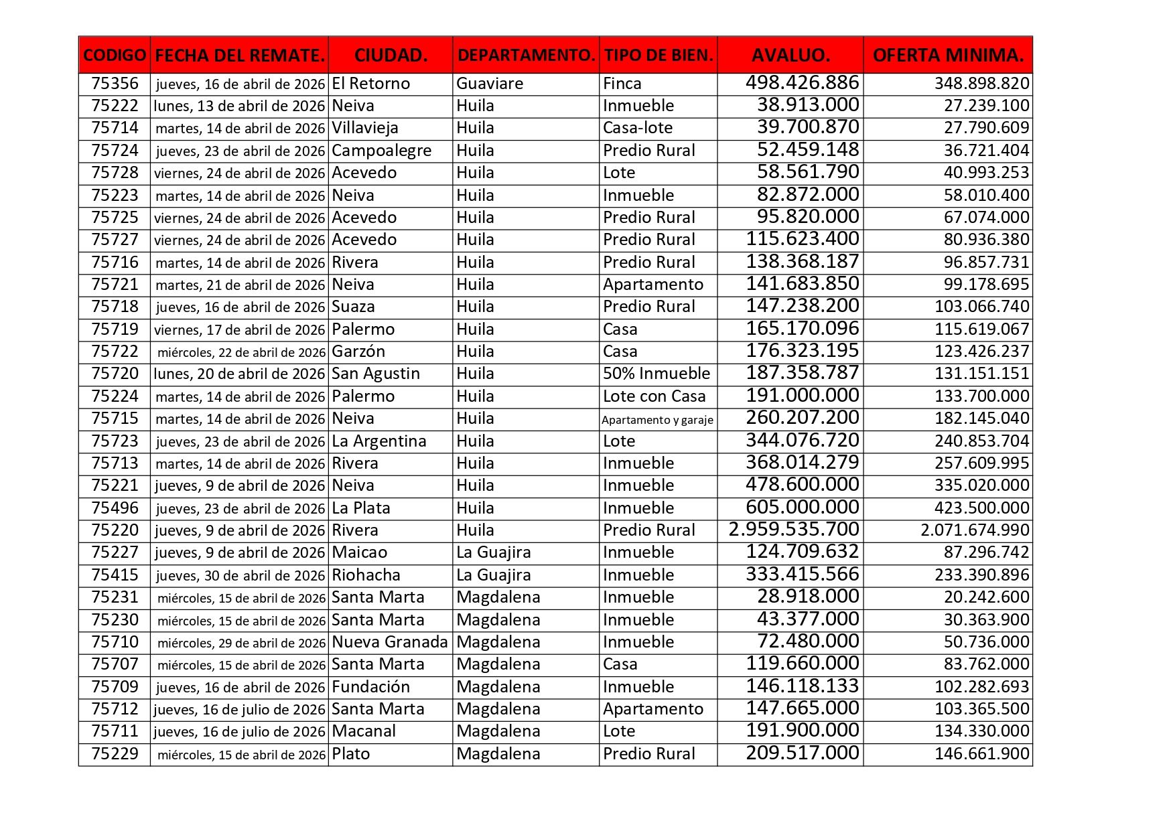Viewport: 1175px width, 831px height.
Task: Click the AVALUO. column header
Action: [x=790, y=55]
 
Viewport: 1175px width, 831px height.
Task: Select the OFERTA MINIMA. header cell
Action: [x=948, y=55]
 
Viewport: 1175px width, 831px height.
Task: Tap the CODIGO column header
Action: [x=115, y=55]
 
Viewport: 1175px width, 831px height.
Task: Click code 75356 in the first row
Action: [x=115, y=84]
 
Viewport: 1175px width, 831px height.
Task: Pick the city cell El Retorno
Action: [x=371, y=84]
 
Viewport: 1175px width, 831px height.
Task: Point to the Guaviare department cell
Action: [x=490, y=84]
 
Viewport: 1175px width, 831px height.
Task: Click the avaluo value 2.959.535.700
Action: [x=794, y=530]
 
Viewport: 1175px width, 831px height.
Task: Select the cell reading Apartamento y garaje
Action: [x=657, y=420]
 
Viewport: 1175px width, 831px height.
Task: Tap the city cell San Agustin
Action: [x=376, y=374]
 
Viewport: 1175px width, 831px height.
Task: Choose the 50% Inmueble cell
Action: [x=656, y=374]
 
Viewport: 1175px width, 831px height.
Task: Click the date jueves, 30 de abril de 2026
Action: [x=240, y=575]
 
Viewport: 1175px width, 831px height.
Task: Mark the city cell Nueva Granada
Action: [x=390, y=642]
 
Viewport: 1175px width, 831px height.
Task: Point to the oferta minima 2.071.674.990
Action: [x=975, y=530]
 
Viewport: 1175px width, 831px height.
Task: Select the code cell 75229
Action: [x=115, y=754]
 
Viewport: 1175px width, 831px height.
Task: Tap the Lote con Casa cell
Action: [x=654, y=396]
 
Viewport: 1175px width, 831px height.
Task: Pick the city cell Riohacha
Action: [x=366, y=575]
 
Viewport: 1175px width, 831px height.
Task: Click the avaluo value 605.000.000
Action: [x=803, y=508]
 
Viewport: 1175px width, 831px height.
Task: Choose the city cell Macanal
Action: [x=364, y=731]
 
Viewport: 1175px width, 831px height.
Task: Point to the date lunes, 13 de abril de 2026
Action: [x=239, y=106]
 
